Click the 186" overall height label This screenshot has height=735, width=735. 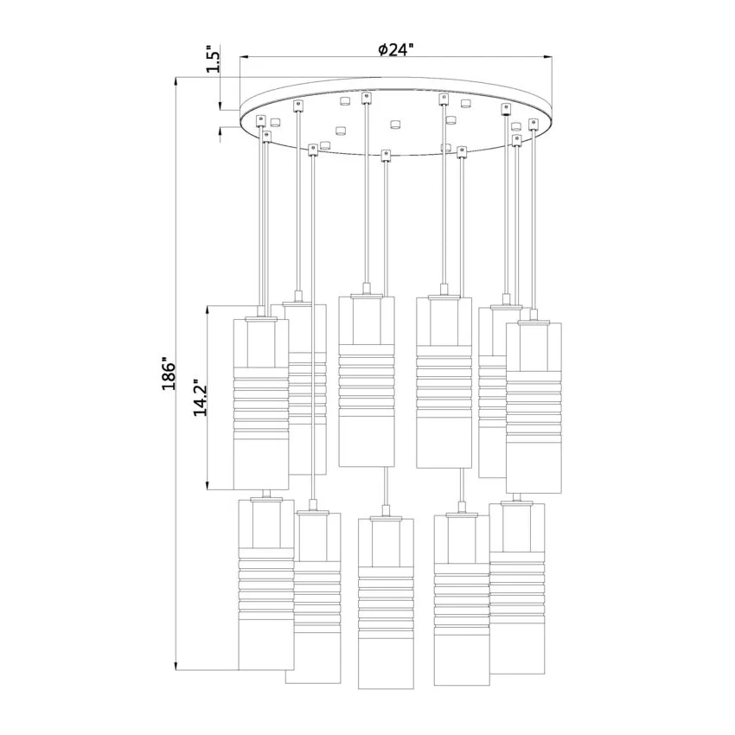coord(169,375)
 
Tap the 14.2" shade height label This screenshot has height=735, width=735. coord(201,398)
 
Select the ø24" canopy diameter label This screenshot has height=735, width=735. coord(396,49)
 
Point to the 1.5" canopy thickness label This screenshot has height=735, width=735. coord(213,59)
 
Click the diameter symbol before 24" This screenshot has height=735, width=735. coord(382,49)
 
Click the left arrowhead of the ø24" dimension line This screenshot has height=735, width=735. coord(244,57)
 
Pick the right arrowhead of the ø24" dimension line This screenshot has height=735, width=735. coord(547,57)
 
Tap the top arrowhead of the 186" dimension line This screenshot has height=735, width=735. coord(176,81)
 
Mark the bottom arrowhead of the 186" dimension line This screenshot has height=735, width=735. coord(176,666)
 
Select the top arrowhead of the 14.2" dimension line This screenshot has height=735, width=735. coord(208,310)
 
